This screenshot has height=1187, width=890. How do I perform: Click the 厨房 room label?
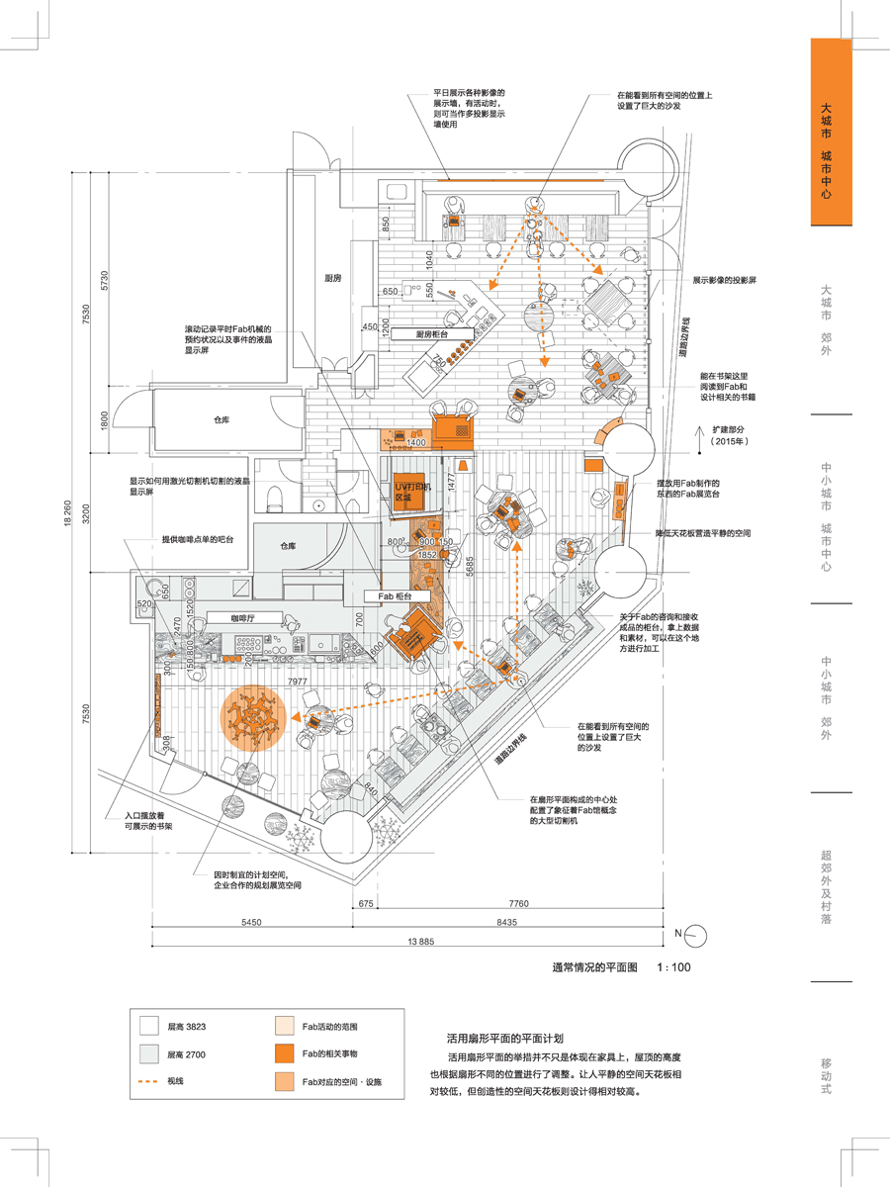coord(332,279)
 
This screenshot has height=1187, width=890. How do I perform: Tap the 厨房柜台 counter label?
coord(432,334)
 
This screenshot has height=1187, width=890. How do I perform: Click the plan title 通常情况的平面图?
coord(594,968)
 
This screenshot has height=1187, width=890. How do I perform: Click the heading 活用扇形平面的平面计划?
coord(504,1040)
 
